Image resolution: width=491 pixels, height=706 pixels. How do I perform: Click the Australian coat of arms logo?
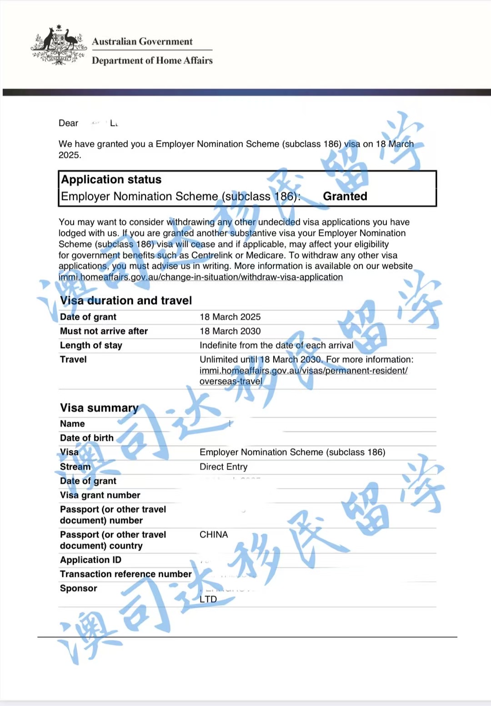tap(58, 46)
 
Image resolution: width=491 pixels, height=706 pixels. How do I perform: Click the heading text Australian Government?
tap(142, 41)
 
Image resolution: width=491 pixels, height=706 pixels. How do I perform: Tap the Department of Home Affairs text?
tap(152, 60)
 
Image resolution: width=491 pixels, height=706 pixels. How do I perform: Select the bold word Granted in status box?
tap(345, 196)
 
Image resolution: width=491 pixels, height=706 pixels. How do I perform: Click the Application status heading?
tap(111, 180)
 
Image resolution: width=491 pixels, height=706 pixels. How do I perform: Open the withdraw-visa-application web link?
tap(200, 277)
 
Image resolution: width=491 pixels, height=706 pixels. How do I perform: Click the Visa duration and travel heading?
tap(126, 300)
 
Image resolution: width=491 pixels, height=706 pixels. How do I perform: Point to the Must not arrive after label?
tap(104, 331)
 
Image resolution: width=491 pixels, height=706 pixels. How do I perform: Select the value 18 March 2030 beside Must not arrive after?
tap(230, 331)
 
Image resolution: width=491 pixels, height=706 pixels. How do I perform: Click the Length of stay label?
tap(91, 345)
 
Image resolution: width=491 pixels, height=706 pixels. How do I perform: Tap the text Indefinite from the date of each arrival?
tap(276, 345)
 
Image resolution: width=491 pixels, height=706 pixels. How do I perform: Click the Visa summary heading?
tap(99, 408)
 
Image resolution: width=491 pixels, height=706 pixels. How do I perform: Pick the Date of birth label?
tap(87, 438)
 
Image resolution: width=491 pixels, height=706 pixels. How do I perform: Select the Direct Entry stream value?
tap(224, 467)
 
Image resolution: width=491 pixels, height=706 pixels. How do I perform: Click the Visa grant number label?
tap(100, 495)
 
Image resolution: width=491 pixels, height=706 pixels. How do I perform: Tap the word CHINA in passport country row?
tap(214, 535)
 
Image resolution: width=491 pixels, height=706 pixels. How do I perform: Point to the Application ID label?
tap(90, 560)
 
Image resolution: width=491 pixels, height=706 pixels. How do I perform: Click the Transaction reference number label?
tap(126, 574)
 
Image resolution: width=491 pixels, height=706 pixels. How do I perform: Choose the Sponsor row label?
tap(79, 588)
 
